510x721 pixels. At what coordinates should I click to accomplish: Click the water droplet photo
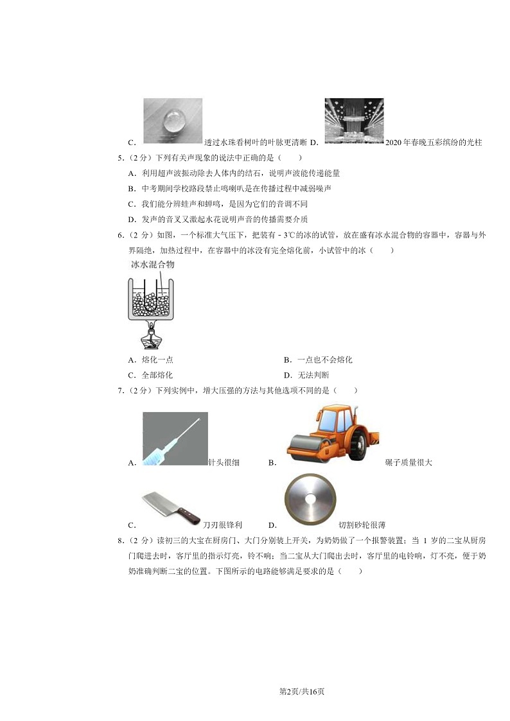click(172, 121)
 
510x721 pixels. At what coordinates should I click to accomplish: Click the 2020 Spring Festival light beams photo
click(354, 121)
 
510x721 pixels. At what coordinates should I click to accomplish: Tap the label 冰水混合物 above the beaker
click(153, 265)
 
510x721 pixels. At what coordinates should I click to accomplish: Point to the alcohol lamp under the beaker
click(152, 335)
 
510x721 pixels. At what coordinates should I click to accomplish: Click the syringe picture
click(175, 439)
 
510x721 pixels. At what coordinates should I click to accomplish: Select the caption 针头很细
click(224, 462)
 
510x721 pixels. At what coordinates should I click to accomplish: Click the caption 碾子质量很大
click(409, 462)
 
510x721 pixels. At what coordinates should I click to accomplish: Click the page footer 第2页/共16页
click(255, 691)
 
